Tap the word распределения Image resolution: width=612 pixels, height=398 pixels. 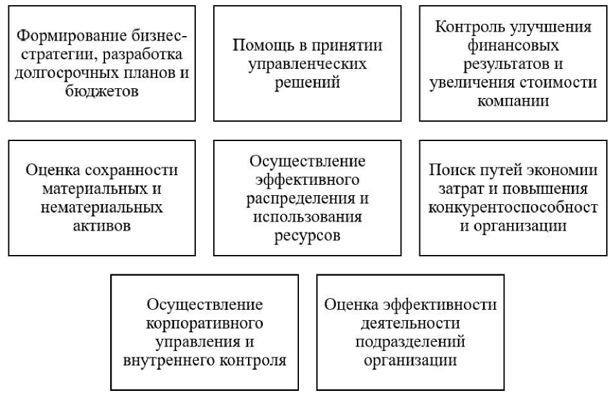[301, 196]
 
